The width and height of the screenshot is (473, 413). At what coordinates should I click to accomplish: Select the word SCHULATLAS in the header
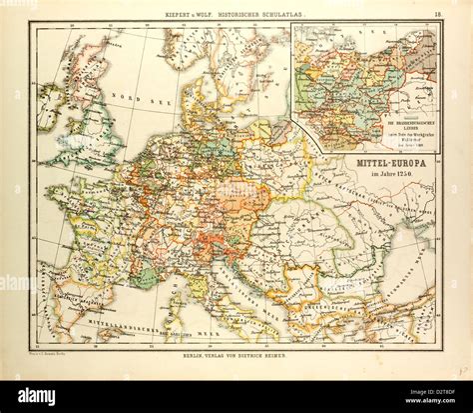(282, 13)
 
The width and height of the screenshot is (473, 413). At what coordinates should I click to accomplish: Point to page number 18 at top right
(436, 13)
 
